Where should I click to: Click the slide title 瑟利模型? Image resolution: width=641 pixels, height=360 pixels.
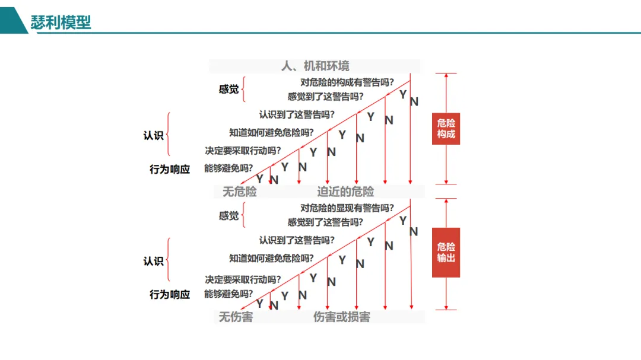point(61,23)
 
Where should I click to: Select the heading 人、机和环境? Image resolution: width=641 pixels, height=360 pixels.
point(315,66)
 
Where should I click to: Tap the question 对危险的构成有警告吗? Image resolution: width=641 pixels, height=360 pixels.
point(347,83)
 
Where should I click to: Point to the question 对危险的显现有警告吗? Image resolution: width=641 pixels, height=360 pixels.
point(347,208)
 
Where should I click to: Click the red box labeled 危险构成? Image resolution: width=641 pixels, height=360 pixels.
point(446,129)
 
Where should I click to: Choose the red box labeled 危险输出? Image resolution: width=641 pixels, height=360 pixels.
point(446,252)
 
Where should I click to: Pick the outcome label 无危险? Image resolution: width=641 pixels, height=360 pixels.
point(239,192)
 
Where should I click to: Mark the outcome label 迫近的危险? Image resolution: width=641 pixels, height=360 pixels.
point(345,192)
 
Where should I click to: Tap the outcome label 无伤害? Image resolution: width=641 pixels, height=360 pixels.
point(236,317)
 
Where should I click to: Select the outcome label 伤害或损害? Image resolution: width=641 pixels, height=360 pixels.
point(341,317)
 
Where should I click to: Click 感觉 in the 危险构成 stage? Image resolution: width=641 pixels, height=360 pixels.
point(229,90)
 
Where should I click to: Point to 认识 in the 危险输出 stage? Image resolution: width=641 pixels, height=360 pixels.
point(153,261)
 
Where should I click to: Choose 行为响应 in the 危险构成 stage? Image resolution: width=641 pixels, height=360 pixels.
point(170,169)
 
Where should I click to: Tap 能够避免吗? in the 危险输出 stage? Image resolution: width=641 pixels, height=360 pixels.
point(229,294)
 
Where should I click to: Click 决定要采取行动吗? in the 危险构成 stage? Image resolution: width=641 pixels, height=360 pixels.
point(243,151)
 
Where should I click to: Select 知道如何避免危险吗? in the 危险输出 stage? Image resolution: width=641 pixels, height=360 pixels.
point(271,258)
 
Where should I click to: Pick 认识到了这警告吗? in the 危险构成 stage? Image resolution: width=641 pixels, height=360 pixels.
point(296,114)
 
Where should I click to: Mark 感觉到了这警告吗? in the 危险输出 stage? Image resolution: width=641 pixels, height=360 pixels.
point(325,222)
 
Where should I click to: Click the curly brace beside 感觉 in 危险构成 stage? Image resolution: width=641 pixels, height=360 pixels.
point(244,89)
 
